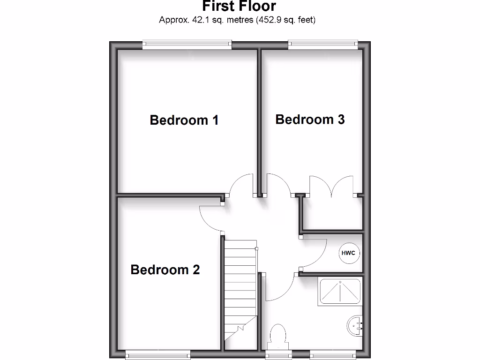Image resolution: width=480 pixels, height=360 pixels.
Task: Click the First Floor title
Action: [x=239, y=7]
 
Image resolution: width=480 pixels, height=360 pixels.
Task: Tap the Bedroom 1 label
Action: [x=184, y=120]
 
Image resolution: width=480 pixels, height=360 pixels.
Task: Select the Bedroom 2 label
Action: [x=165, y=270]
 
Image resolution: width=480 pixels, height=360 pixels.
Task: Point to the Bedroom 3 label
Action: [x=310, y=120]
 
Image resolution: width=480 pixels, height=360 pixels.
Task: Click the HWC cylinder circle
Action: [x=348, y=253]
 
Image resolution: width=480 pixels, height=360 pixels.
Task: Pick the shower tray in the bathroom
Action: [x=340, y=292]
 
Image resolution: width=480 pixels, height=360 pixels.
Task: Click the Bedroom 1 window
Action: [x=187, y=45]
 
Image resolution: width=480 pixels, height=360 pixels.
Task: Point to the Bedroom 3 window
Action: [x=324, y=45]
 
